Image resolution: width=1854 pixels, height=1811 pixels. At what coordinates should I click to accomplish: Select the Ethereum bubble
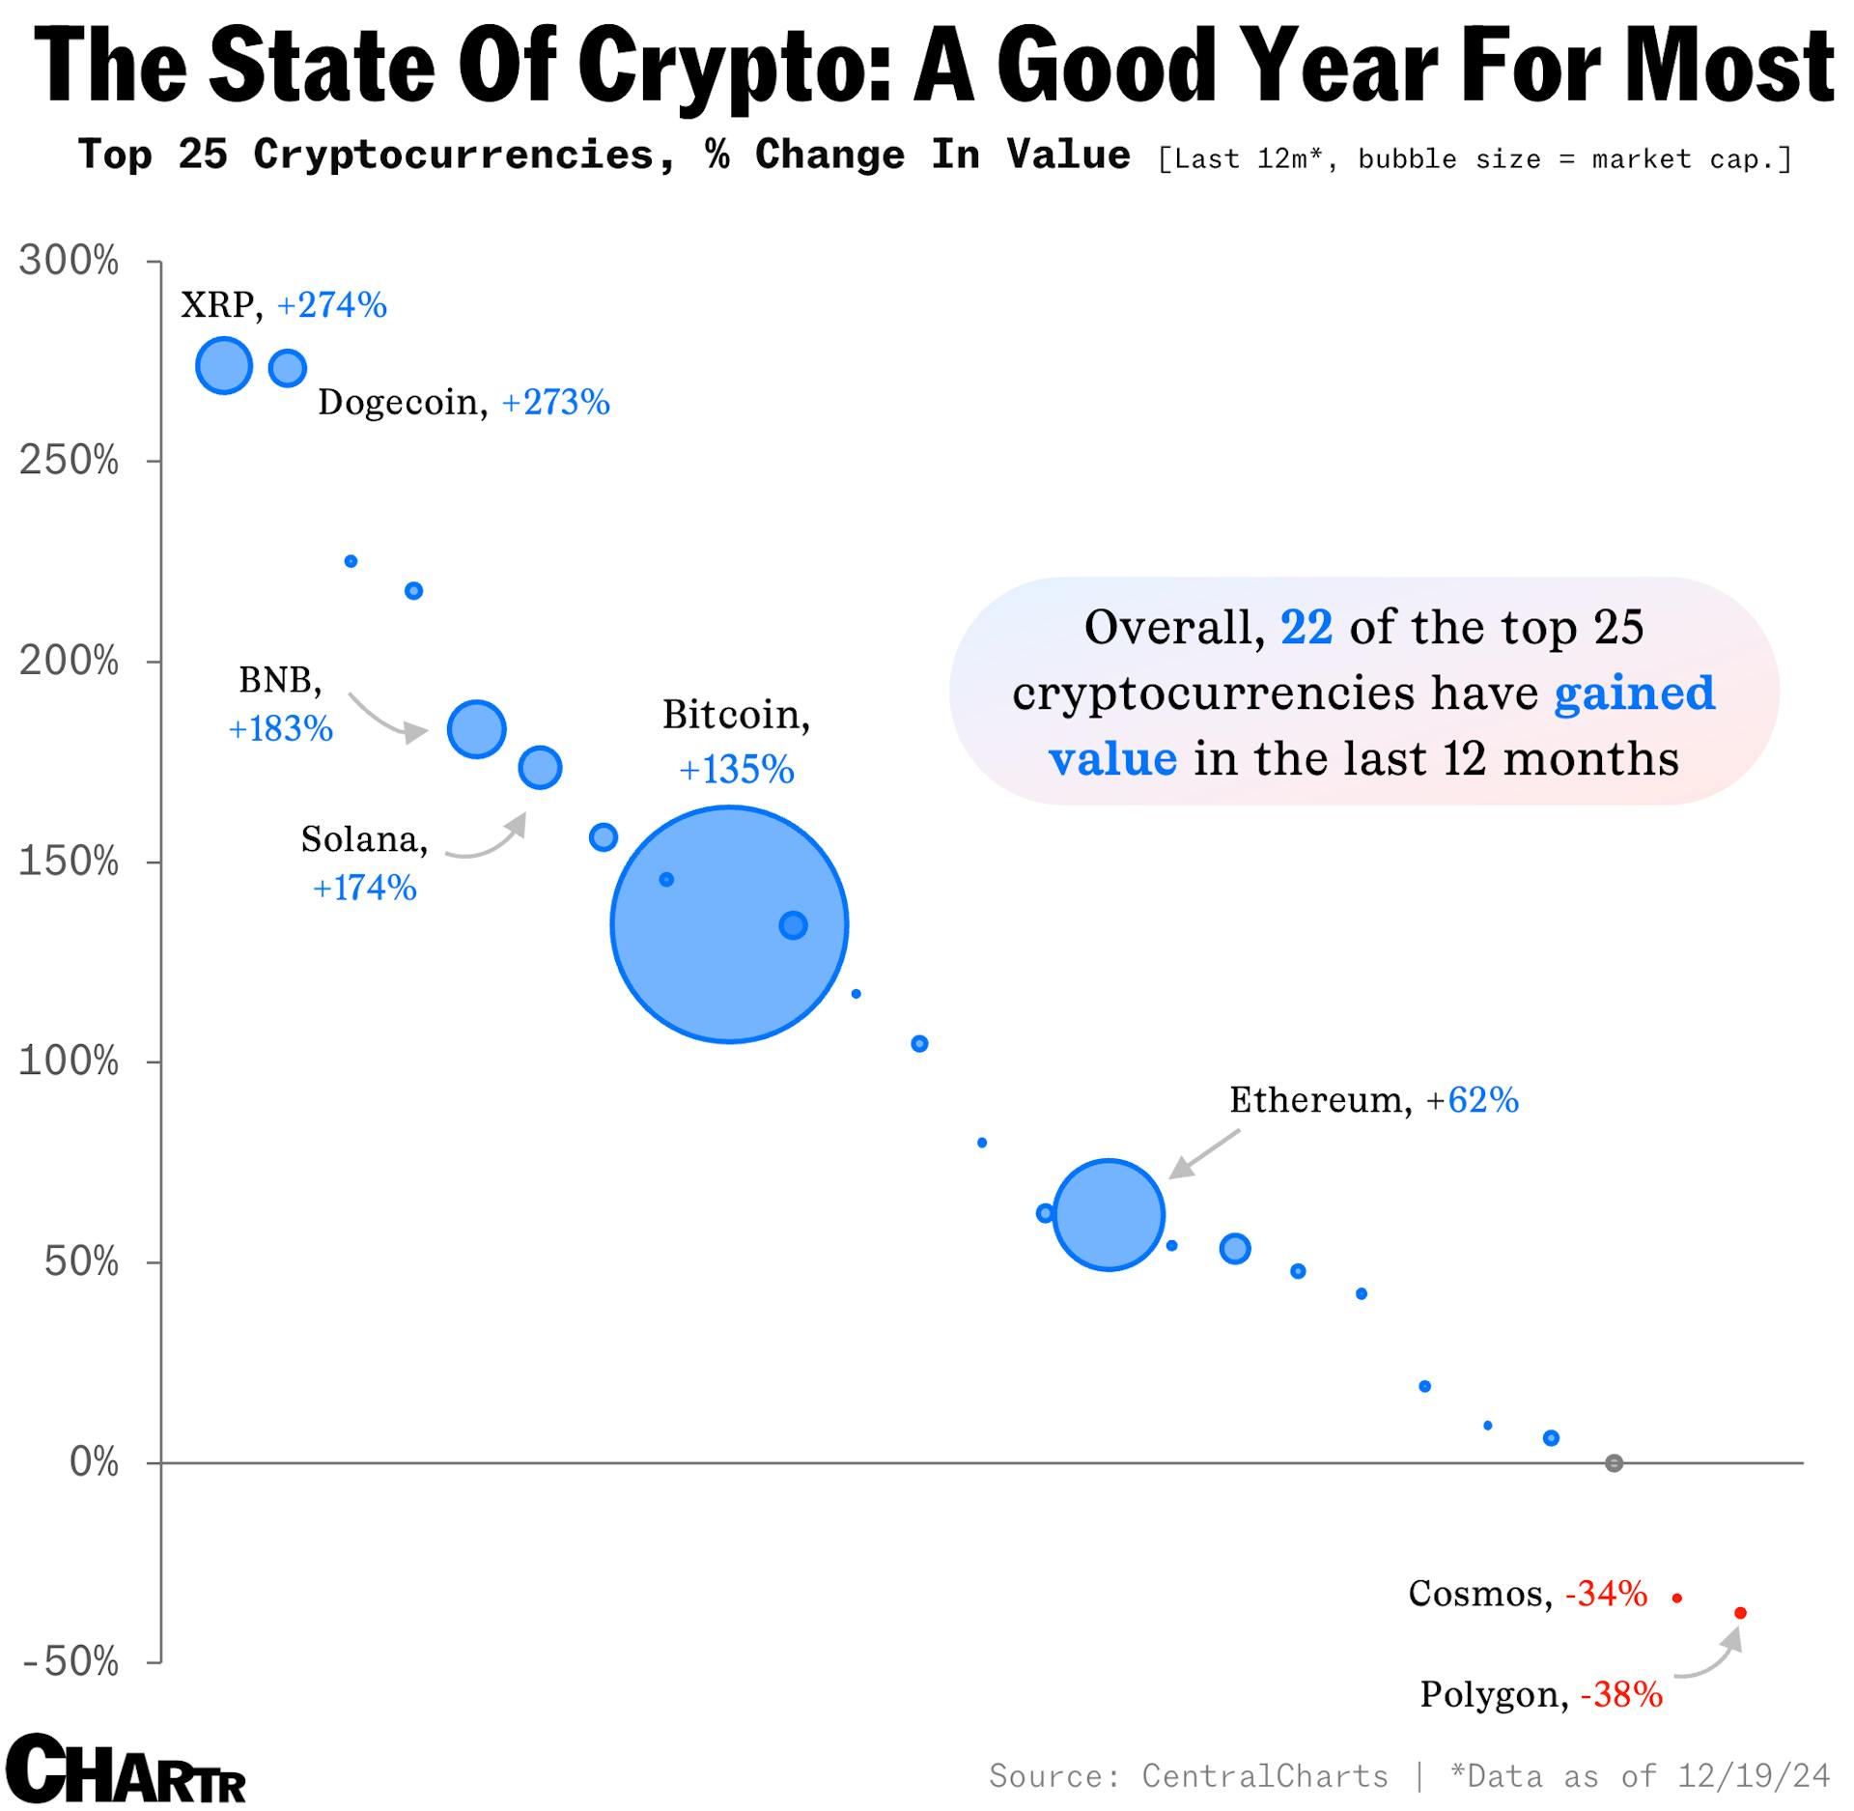click(x=1109, y=1213)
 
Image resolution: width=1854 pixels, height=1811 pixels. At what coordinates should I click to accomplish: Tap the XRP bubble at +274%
click(x=224, y=366)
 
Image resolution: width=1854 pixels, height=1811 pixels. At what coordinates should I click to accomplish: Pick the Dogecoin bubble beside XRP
click(x=287, y=368)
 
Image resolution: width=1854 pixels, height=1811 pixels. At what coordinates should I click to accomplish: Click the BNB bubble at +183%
click(x=476, y=728)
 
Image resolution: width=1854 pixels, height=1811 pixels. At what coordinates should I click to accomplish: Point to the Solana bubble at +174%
click(x=540, y=768)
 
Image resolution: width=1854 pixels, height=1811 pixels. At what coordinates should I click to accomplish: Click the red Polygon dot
click(x=1740, y=1612)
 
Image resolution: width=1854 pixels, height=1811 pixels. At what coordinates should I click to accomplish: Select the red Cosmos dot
click(x=1677, y=1599)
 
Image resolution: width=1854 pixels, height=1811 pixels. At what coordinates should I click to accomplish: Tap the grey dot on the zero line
click(x=1614, y=1463)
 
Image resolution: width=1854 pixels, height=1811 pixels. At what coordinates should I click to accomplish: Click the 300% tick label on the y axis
click(x=69, y=261)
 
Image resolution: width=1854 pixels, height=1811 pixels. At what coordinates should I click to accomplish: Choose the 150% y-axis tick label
click(x=69, y=862)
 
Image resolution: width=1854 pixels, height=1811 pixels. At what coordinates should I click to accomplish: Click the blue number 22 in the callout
click(x=1306, y=628)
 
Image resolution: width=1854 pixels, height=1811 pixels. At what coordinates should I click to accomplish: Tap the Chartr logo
click(x=126, y=1769)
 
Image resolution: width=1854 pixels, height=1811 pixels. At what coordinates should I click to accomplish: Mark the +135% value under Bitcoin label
click(x=737, y=770)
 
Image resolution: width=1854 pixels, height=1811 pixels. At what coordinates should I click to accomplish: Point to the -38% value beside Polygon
click(x=1621, y=1694)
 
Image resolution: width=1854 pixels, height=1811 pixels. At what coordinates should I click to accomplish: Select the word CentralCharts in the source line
click(x=1265, y=1775)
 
